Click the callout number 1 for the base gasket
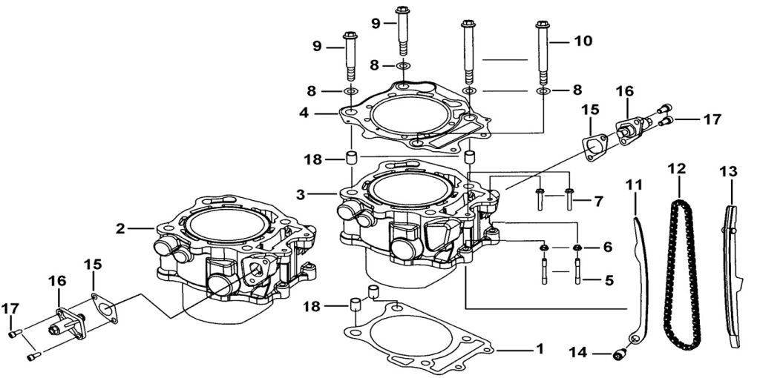tap(540, 348)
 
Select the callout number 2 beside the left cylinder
tap(120, 228)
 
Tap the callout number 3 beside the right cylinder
tap(301, 194)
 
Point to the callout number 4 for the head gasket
tap(304, 114)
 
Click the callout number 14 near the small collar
tap(580, 353)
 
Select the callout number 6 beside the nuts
tap(607, 247)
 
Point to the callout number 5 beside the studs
tap(608, 280)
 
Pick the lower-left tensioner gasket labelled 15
tap(105, 308)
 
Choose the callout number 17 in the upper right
tap(712, 118)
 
